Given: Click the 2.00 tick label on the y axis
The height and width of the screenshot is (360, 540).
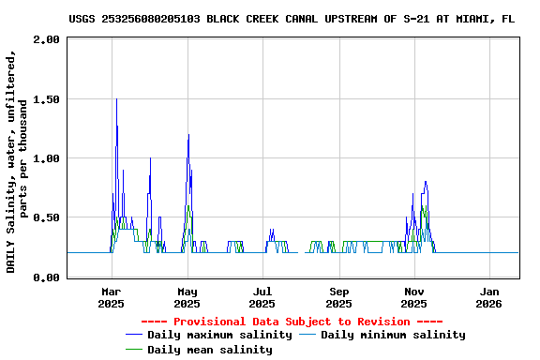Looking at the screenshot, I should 45,39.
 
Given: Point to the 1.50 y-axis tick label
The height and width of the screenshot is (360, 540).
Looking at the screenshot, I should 45,99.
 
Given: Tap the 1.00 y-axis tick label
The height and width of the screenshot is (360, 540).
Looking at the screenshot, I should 45,158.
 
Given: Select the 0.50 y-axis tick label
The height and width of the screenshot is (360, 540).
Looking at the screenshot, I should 45,217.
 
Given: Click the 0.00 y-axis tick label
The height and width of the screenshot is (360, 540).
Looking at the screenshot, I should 45,277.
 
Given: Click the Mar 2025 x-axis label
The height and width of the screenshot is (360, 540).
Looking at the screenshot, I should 111,297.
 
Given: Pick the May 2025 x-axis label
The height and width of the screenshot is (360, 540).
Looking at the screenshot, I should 187,297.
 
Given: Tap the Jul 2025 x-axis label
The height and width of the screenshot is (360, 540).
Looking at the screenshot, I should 262,297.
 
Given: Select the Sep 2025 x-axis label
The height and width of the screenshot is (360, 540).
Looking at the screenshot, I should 339,297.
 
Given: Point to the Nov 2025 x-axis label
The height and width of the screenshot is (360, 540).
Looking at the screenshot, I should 414,297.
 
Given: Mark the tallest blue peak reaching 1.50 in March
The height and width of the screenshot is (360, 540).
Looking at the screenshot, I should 116,99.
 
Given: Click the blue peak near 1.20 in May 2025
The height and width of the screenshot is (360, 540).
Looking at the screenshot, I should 188,135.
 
